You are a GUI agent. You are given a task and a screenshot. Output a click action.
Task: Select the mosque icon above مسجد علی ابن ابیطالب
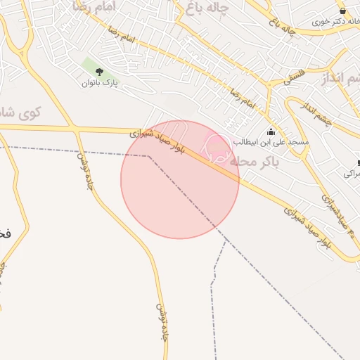(x=271, y=131)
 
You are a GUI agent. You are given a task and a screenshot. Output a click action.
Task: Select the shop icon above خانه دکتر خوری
(x=342, y=11)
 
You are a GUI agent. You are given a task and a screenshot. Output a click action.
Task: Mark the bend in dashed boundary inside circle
(x=148, y=156)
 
